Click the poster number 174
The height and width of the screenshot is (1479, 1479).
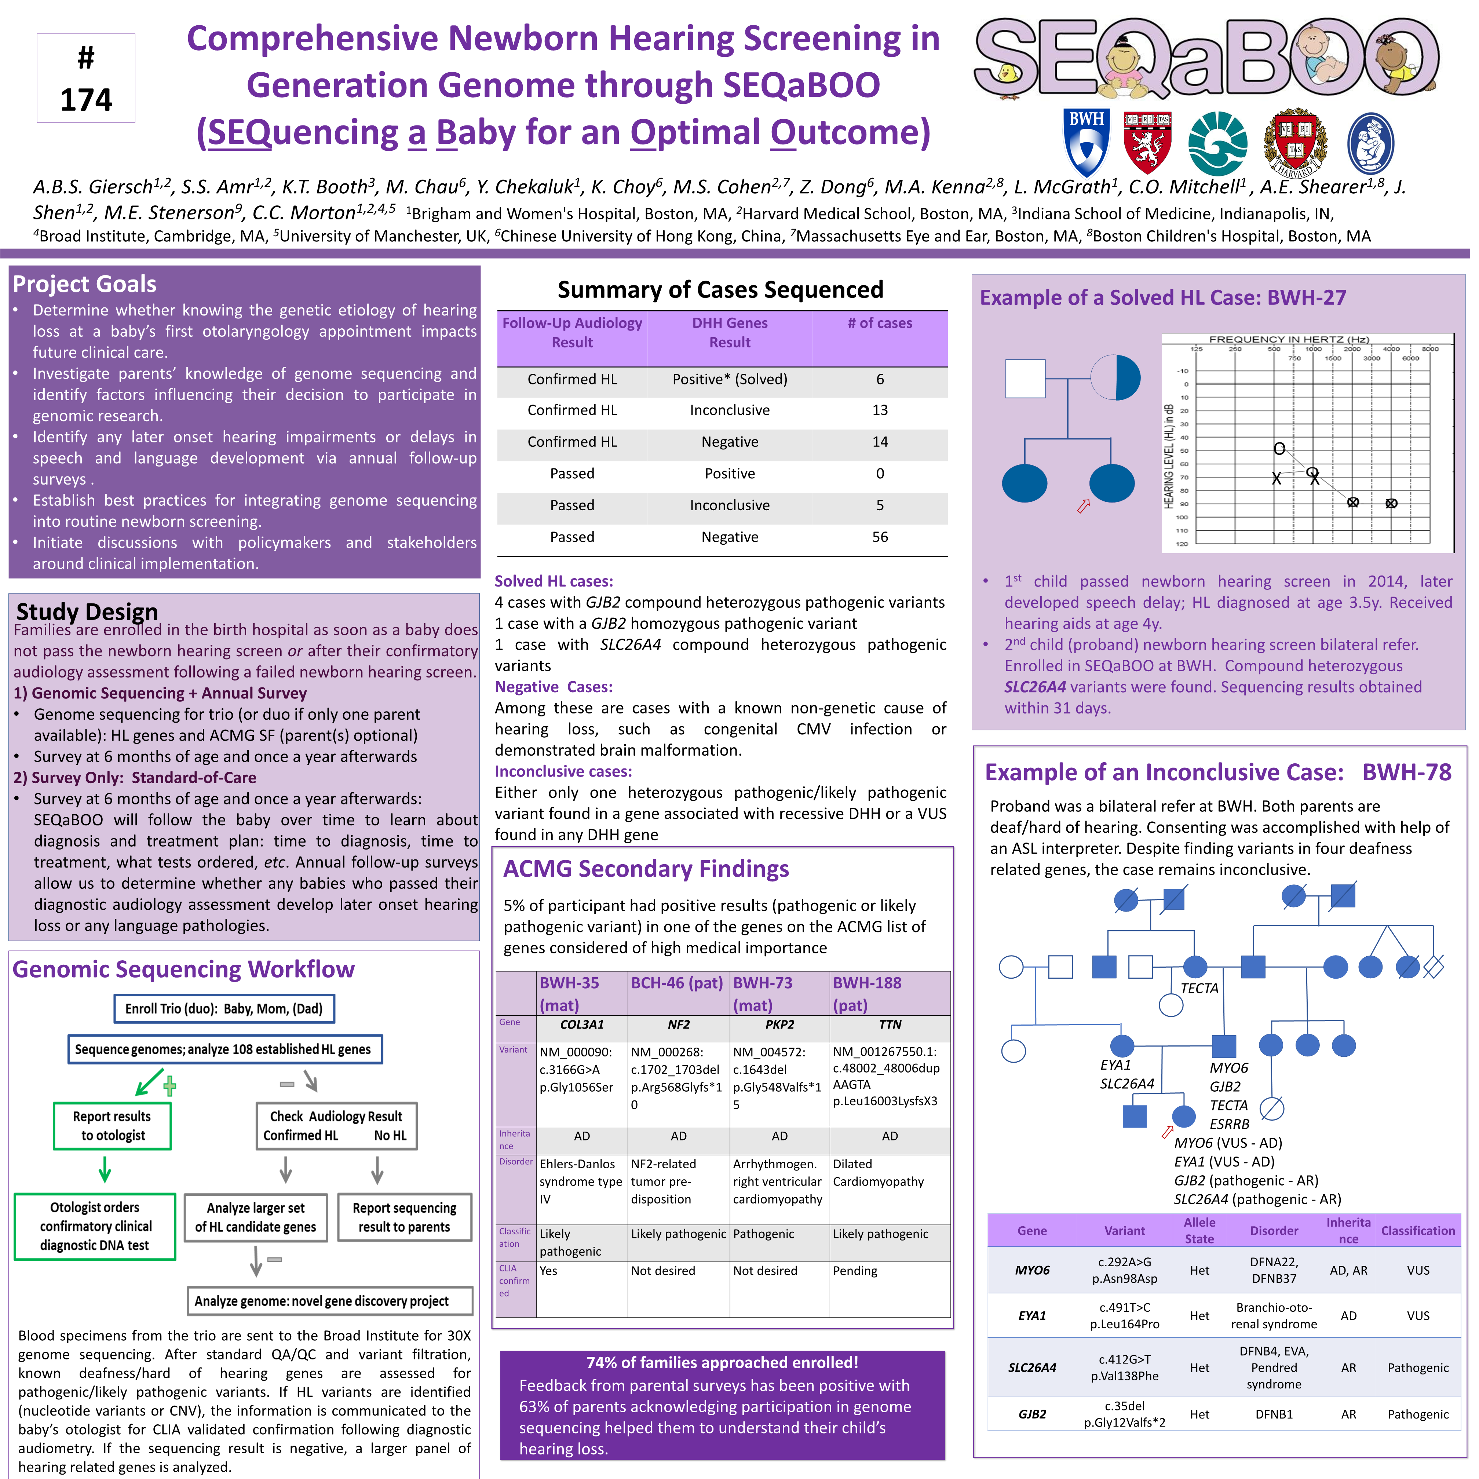coord(86,99)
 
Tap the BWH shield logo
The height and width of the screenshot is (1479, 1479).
coord(1086,142)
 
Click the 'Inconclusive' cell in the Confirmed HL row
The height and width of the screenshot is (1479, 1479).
coord(730,410)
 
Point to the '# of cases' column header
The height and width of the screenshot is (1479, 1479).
coord(880,323)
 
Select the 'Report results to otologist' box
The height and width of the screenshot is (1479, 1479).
coord(113,1125)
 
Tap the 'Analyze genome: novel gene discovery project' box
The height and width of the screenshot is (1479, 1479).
coord(322,1301)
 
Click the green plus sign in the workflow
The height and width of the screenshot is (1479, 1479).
coord(170,1085)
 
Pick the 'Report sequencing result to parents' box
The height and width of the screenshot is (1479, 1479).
coord(404,1217)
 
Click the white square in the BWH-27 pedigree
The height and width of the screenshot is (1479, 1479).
coord(1025,378)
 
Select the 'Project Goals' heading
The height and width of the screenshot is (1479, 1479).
coord(84,284)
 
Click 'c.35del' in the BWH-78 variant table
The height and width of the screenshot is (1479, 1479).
coord(1125,1406)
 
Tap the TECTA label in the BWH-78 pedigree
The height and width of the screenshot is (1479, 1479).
coord(1199,988)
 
